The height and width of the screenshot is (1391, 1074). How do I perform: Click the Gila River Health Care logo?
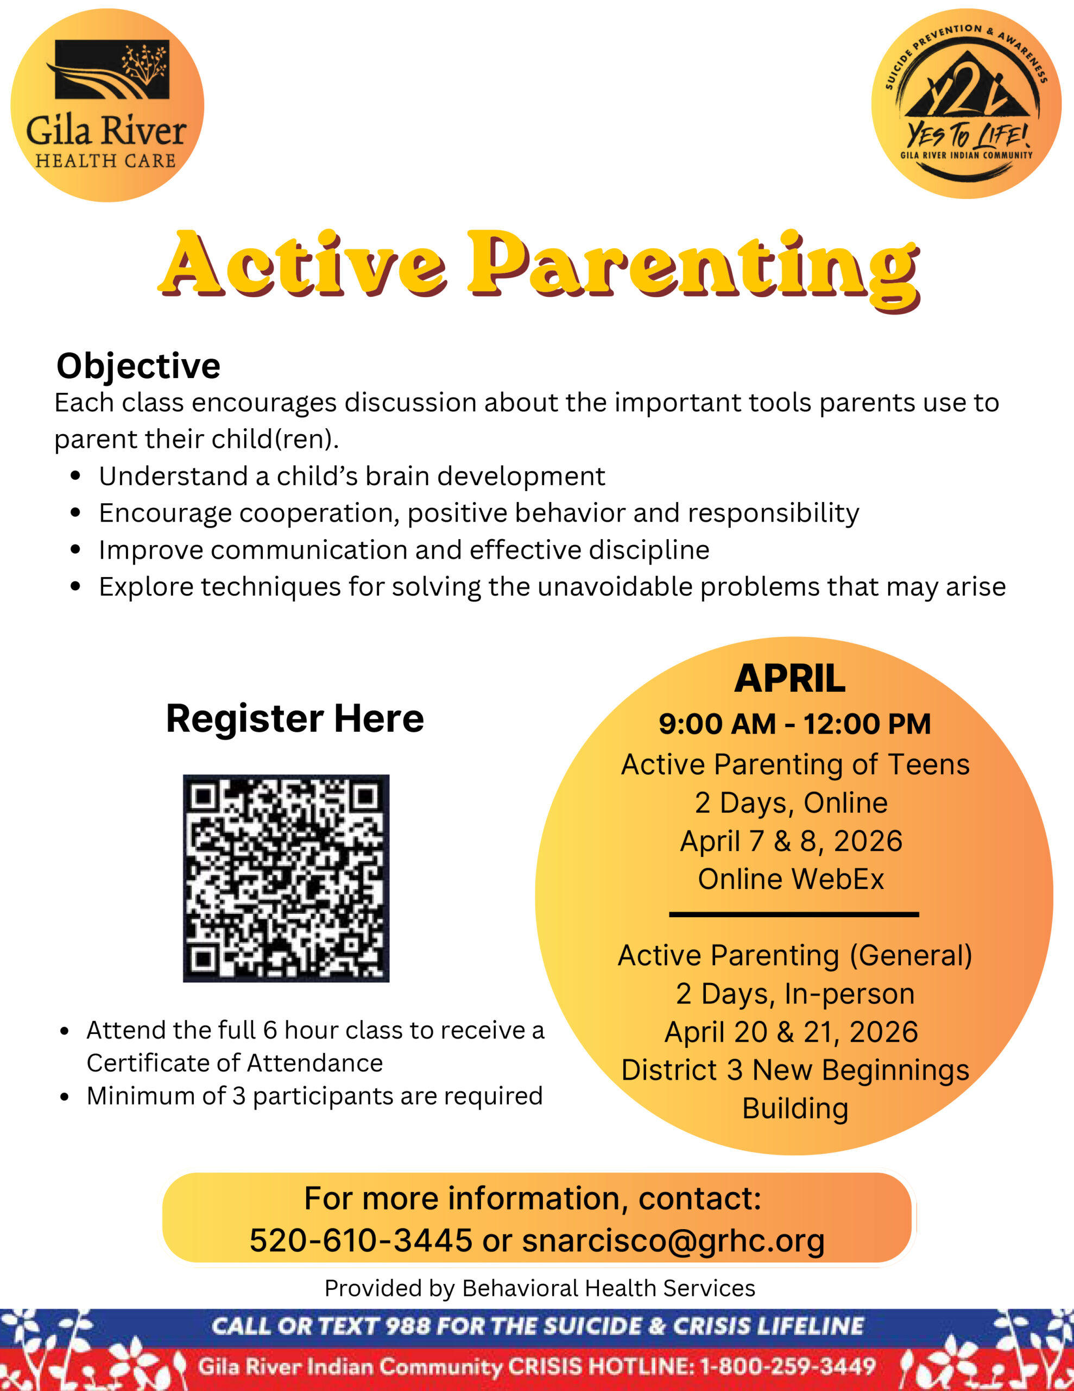(x=107, y=105)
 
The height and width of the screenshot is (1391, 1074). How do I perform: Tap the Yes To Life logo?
(x=966, y=104)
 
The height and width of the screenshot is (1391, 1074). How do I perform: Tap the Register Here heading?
(x=295, y=719)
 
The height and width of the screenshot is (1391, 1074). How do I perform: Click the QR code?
(x=286, y=878)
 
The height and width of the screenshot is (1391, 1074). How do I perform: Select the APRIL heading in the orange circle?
(x=789, y=679)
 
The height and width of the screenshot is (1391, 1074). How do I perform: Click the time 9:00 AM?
(x=717, y=724)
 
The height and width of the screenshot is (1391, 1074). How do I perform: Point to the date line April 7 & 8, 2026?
(x=791, y=841)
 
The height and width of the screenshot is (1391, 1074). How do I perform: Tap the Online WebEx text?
(x=791, y=880)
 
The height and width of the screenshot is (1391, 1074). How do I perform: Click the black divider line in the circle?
(x=793, y=914)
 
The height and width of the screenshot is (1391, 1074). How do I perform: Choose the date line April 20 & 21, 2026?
(x=791, y=1032)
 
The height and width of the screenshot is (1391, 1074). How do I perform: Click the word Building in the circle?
(x=794, y=1109)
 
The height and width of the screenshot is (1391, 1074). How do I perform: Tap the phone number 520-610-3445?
(x=361, y=1240)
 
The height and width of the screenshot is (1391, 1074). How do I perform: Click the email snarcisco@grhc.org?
(x=673, y=1240)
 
